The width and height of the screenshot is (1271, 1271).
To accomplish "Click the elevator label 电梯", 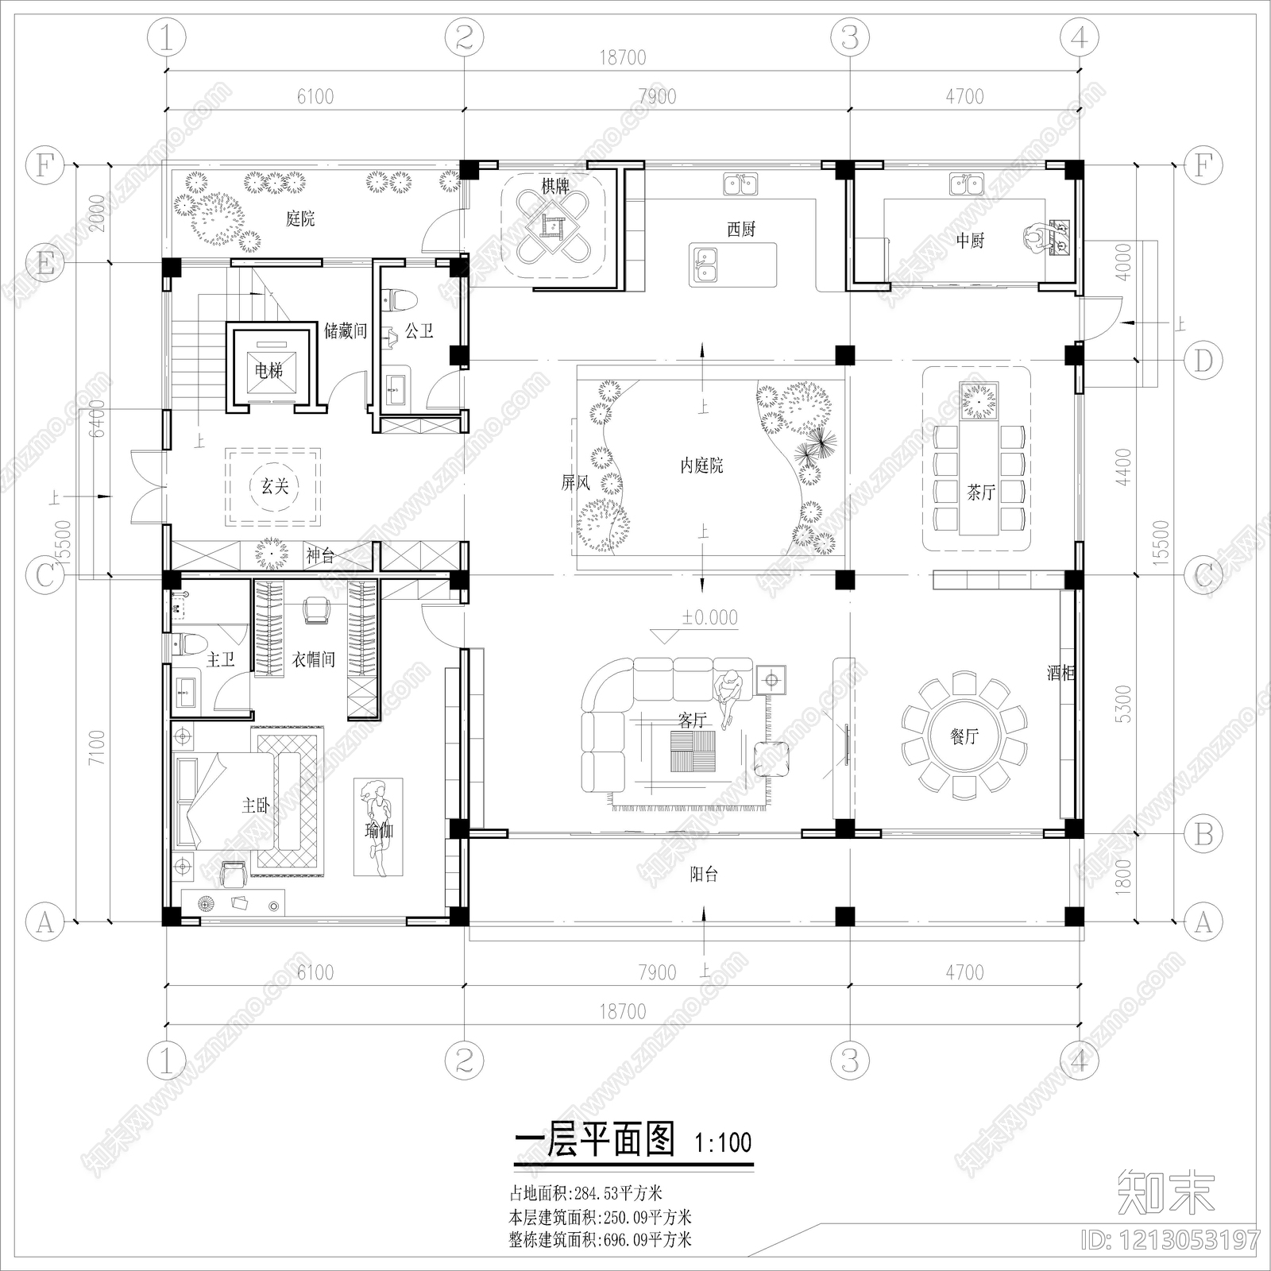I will pos(268,371).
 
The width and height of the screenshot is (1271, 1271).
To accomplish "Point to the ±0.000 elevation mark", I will pos(709,617).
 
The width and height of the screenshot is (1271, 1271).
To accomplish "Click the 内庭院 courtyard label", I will pos(702,466).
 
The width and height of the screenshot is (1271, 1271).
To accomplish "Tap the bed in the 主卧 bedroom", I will pos(230,802).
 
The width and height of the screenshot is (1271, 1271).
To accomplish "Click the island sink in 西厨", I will pos(705,265).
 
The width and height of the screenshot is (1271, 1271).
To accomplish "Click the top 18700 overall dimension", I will pos(623,58).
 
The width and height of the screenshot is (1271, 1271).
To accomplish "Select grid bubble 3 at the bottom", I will pos(849,1061).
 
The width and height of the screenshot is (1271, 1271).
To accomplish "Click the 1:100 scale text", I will pos(722,1143).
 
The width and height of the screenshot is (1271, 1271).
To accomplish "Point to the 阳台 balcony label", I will pos(704,875).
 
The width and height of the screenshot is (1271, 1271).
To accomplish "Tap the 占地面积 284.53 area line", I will pos(585,1192).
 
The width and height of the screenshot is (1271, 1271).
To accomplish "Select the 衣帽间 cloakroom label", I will pos(314,659).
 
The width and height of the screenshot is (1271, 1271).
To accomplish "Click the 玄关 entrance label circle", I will pos(274,486).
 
